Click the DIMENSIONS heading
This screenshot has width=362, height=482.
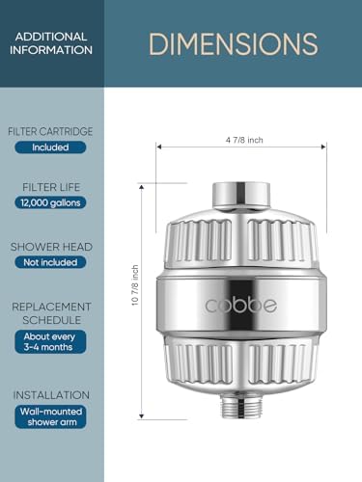(233, 43)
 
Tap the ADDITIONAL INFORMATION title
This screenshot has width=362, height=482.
(51, 43)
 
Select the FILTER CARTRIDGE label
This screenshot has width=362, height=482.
(51, 130)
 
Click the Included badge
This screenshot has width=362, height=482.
(51, 147)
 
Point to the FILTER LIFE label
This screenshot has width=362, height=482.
(51, 186)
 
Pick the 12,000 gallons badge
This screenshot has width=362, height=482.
(51, 202)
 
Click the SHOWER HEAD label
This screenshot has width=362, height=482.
(51, 247)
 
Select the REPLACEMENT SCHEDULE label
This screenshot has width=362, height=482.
(51, 312)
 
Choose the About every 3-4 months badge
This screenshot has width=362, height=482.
(51, 341)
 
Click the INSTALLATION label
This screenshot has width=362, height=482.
(51, 395)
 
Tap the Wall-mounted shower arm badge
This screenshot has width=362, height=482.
(51, 415)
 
